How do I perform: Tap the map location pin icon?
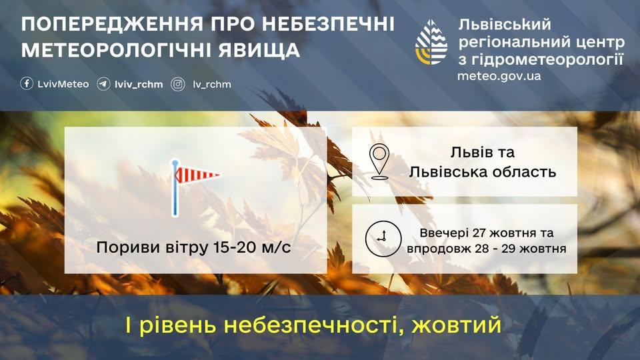[x=379, y=161]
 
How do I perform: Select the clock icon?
[x=382, y=238]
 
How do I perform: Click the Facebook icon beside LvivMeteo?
[x=27, y=84]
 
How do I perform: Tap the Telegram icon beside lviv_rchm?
[x=103, y=84]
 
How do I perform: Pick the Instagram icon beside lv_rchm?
[x=178, y=84]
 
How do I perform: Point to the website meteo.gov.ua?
[x=499, y=75]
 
